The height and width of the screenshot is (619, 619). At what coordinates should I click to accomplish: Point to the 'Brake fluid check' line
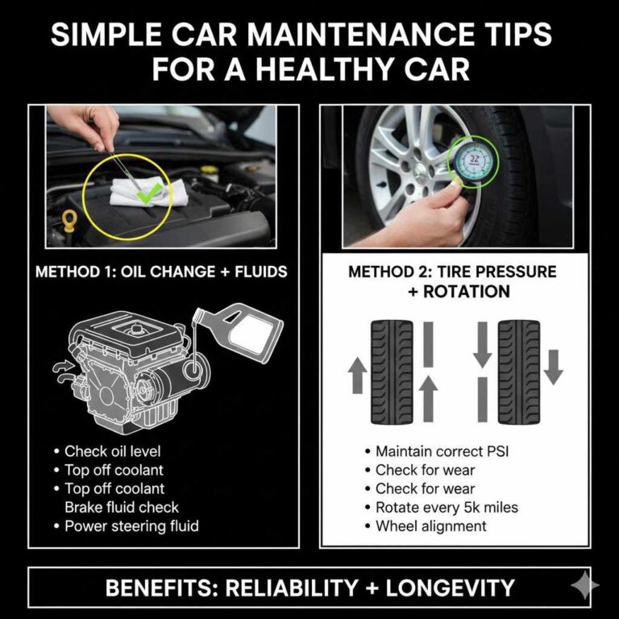click(122, 507)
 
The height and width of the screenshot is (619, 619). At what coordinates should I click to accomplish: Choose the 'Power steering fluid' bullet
click(131, 526)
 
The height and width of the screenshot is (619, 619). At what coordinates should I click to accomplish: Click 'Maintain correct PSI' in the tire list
click(442, 451)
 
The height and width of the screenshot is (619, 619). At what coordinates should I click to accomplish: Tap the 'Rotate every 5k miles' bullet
click(447, 507)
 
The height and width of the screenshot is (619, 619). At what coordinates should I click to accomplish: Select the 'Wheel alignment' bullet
click(431, 526)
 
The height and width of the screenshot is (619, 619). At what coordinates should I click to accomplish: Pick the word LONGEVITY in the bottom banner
click(450, 588)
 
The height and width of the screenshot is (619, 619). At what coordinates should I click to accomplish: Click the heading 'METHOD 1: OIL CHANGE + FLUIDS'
click(161, 271)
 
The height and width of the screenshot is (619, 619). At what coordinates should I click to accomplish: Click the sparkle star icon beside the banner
click(584, 587)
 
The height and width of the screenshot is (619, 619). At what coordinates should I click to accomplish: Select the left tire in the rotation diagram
click(391, 372)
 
